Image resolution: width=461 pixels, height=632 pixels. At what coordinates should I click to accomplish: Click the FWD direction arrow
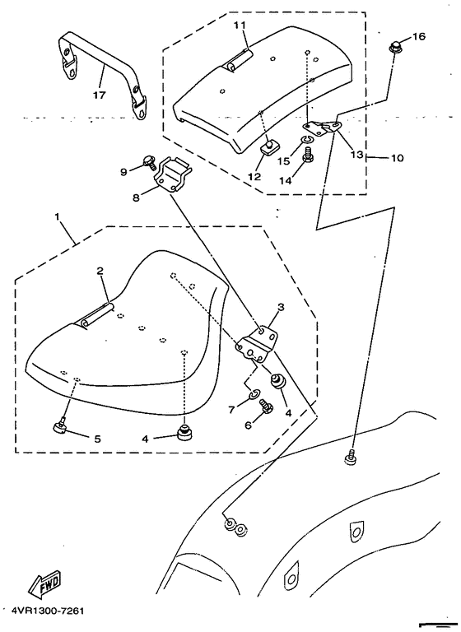coord(44,583)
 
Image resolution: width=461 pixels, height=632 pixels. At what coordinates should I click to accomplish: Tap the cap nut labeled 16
coord(394,47)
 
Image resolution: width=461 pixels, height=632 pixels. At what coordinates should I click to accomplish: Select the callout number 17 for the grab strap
coord(100,95)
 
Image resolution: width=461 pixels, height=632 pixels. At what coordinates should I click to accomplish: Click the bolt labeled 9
coord(148,160)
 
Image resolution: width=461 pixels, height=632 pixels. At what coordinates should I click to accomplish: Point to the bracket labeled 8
coord(170,175)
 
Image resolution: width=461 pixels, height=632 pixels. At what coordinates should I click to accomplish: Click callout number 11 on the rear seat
coord(240,25)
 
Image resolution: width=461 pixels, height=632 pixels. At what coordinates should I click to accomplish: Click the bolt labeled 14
coord(308,156)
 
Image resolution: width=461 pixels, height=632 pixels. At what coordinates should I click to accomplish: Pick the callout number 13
coord(356,155)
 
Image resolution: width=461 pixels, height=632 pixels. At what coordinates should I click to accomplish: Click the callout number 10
coord(397,158)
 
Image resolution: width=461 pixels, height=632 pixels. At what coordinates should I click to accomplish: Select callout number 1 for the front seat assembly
coord(58,216)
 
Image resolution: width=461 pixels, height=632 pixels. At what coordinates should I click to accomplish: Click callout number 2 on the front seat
coord(100,271)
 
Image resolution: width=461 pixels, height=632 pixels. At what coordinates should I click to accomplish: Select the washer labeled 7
coord(254,393)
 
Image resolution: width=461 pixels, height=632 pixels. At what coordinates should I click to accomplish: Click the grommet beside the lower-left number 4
coord(184,432)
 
